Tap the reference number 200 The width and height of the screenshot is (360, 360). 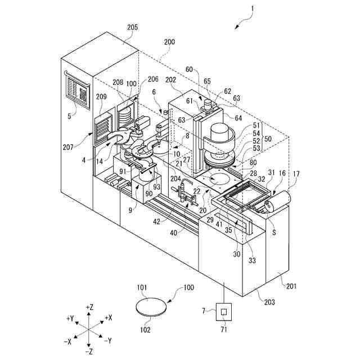tap(169, 42)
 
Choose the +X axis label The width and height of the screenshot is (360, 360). tap(109, 318)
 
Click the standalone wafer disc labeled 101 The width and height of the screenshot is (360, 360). tap(152, 307)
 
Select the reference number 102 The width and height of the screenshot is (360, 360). tap(146, 330)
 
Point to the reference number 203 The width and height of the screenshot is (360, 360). tap(270, 302)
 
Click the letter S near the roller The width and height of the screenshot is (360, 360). tap(274, 231)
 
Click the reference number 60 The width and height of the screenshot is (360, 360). tap(188, 70)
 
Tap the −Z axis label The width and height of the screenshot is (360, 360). tap(89, 351)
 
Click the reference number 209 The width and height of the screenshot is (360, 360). tap(101, 97)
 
